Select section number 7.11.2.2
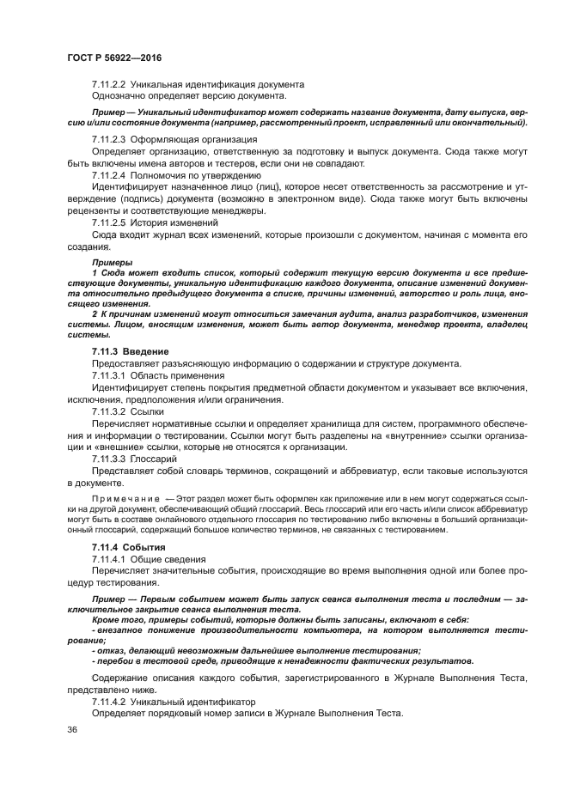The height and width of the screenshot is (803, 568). click(109, 84)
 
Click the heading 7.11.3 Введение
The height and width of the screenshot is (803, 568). click(130, 352)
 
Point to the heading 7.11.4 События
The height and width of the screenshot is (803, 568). click(129, 547)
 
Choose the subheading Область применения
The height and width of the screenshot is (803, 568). click(178, 375)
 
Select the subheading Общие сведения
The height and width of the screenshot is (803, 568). click(172, 558)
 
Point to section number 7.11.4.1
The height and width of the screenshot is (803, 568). click(109, 558)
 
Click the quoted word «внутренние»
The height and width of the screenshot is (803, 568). click(411, 435)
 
